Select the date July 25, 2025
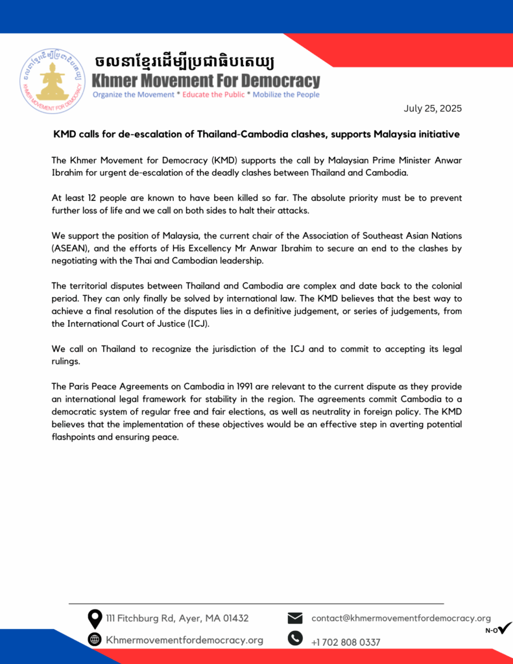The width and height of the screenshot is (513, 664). tap(433, 108)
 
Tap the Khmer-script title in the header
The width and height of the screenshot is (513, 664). tap(184, 62)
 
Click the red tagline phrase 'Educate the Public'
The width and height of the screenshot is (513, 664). tap(213, 95)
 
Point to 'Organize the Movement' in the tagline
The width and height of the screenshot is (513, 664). tap(133, 95)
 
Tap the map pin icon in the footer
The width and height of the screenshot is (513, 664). tap(95, 619)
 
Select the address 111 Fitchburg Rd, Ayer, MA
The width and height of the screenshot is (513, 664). tap(177, 619)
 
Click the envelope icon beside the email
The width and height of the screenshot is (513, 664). tap(295, 619)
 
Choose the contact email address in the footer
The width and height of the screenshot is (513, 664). tap(401, 619)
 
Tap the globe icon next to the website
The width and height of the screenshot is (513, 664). tap(95, 640)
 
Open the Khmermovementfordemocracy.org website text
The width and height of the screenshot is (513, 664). tap(184, 640)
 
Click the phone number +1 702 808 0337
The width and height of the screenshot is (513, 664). tap(346, 642)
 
